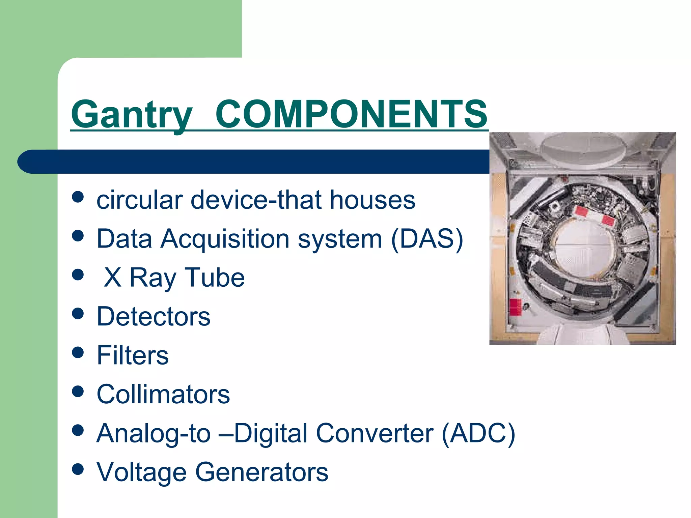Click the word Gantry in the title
[x=132, y=115]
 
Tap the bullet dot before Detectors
[x=78, y=314]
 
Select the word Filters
[x=132, y=355]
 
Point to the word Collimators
[x=163, y=394]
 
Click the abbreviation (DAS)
[x=427, y=239]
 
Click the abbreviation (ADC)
[x=478, y=433]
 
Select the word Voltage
[x=141, y=472]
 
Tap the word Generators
[x=261, y=472]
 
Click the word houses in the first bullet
[x=372, y=200]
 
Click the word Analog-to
[x=154, y=433]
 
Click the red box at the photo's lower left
[x=515, y=307]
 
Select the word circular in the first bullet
[x=140, y=200]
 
